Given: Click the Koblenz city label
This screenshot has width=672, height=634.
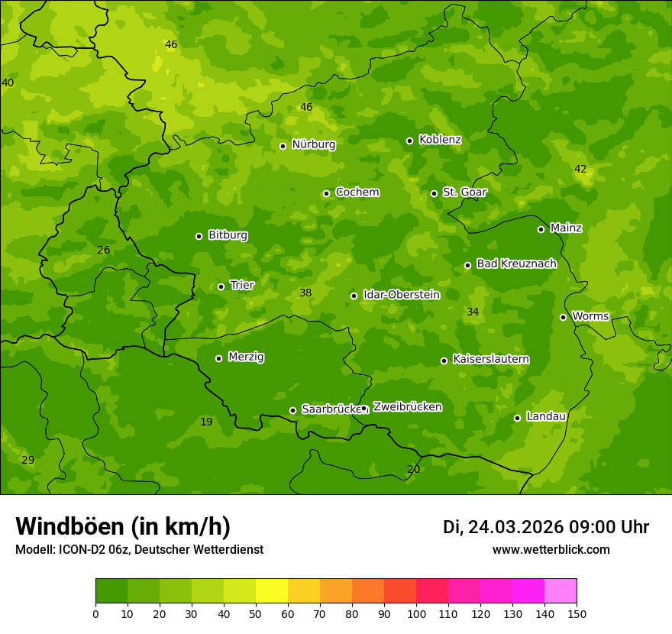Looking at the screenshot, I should pyautogui.click(x=440, y=140).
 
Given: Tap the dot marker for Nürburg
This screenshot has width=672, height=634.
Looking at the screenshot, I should pyautogui.click(x=283, y=146).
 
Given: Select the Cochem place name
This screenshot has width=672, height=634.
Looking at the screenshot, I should pyautogui.click(x=357, y=192).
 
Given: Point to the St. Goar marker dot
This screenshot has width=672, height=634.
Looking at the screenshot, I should pyautogui.click(x=434, y=193).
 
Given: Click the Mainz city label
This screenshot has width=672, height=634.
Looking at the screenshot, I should pyautogui.click(x=566, y=228).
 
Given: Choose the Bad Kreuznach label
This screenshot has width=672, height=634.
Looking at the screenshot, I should pyautogui.click(x=516, y=264).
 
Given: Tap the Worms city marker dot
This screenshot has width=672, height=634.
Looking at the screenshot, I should pyautogui.click(x=563, y=317).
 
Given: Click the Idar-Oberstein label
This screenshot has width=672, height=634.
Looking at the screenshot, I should pyautogui.click(x=401, y=295).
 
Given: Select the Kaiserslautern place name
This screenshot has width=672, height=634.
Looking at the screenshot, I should pyautogui.click(x=491, y=359).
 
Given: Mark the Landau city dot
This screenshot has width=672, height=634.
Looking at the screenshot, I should pyautogui.click(x=517, y=418).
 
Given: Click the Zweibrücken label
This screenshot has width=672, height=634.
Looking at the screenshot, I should pyautogui.click(x=407, y=407).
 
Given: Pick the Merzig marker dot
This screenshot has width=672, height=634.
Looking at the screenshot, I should pyautogui.click(x=218, y=358).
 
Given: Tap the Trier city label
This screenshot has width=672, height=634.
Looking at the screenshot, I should pyautogui.click(x=242, y=286).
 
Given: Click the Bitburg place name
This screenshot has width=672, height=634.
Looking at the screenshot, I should pyautogui.click(x=228, y=235).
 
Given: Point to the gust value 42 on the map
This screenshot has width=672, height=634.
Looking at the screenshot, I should pyautogui.click(x=580, y=170).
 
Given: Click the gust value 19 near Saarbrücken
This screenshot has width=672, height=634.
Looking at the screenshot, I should pyautogui.click(x=206, y=422).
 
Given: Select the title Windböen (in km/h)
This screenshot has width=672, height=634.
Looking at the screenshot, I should pyautogui.click(x=123, y=527).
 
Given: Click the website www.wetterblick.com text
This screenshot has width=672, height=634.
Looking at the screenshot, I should pyautogui.click(x=551, y=550).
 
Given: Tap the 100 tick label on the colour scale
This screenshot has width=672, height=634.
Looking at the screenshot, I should pyautogui.click(x=416, y=613).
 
